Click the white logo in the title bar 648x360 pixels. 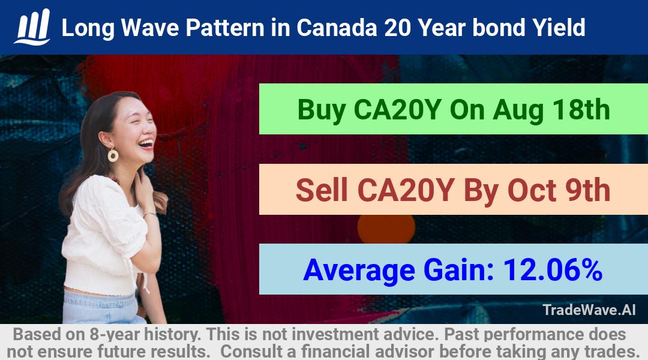[x=32, y=27]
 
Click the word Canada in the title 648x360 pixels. [x=337, y=28]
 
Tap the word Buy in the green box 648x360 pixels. [x=322, y=110]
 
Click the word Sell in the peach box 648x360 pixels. [x=322, y=190]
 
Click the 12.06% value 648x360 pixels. [x=553, y=270]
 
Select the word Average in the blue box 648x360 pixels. [x=359, y=271]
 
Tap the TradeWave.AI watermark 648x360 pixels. [x=589, y=310]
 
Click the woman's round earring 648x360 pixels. [x=113, y=155]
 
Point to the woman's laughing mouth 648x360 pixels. [x=146, y=143]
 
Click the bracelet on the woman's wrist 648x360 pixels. [x=149, y=214]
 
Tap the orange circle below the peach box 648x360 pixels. [x=386, y=229]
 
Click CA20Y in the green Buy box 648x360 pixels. [x=398, y=110]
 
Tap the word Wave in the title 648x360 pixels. [x=150, y=28]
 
